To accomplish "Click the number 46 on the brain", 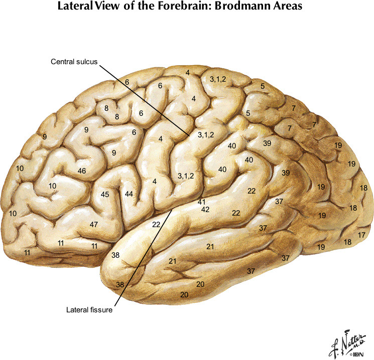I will pyautogui.click(x=82, y=171).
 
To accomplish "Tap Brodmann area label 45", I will pyautogui.click(x=105, y=194).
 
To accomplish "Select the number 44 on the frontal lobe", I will pyautogui.click(x=129, y=194).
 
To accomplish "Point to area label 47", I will pyautogui.click(x=93, y=224).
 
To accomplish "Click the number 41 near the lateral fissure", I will pyautogui.click(x=202, y=202).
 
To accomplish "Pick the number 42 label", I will pyautogui.click(x=205, y=210).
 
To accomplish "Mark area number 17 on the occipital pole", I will pyautogui.click(x=362, y=235).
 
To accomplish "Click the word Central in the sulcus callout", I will pyautogui.click(x=62, y=62).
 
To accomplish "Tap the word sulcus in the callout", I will pyautogui.click(x=86, y=62).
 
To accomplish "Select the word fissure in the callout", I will pyautogui.click(x=100, y=310).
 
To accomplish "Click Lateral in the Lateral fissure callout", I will pyautogui.click(x=77, y=310).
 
